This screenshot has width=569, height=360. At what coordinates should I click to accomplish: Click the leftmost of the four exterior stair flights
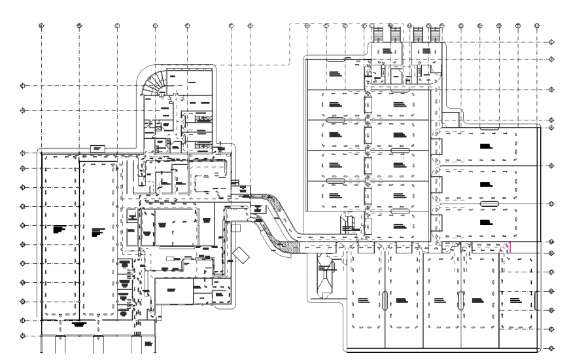point(378,33)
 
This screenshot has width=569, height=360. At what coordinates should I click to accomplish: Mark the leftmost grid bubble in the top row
point(41,26)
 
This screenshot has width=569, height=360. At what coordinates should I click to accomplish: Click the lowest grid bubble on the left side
point(23,336)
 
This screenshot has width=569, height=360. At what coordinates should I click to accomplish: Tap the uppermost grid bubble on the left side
point(23,85)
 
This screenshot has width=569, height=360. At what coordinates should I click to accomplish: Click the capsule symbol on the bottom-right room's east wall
point(536,300)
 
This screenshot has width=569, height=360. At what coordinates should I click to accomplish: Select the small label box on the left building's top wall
point(97,149)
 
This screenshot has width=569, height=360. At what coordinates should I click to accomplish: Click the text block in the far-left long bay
point(60,228)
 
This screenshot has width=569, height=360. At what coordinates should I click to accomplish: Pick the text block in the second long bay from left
point(99,230)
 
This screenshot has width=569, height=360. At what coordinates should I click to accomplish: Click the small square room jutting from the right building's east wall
point(450,120)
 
